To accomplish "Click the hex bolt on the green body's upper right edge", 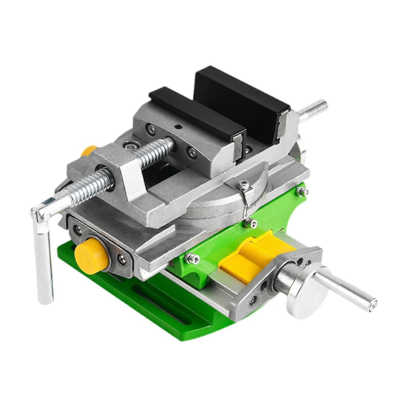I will coord(302,191).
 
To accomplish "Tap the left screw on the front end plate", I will coord(77,229).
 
